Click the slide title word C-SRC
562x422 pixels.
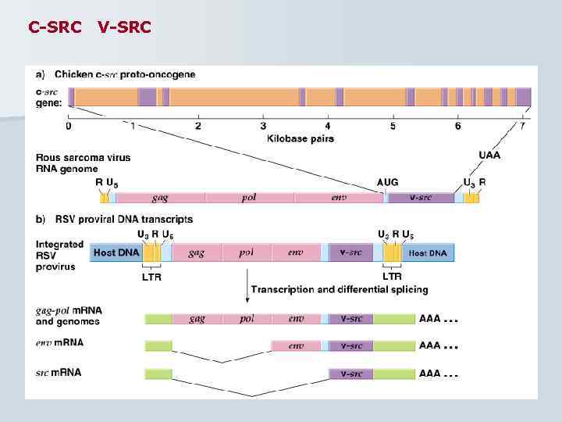pos(55,27)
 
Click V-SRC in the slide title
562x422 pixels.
pos(125,27)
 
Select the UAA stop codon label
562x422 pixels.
pos(490,156)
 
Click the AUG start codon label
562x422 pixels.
pos(387,182)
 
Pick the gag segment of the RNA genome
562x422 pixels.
pos(161,198)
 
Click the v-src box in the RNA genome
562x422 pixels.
pos(421,198)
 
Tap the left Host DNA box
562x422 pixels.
pos(116,252)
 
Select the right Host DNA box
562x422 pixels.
pos(428,252)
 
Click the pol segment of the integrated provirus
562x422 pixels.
pos(247,252)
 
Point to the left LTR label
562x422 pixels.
pos(151,277)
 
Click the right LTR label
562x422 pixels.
pos(392,277)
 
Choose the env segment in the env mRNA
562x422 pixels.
pos(296,345)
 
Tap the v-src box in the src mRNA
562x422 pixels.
pos(350,374)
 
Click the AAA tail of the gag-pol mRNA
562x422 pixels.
pos(430,319)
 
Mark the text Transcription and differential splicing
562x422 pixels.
pos(340,289)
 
